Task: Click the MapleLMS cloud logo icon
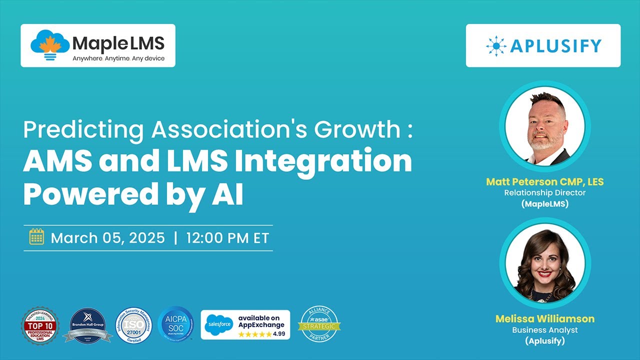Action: pos(49,44)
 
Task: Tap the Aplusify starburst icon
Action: pos(496,45)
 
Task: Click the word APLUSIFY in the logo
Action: pos(555,46)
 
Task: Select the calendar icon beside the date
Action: pos(37,237)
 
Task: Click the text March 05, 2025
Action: pos(107,237)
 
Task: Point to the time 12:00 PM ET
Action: pos(227,237)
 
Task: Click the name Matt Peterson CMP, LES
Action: pos(544,181)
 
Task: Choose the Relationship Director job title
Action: pos(545,192)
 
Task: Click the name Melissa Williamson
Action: pos(544,318)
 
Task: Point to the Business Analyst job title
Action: pos(544,330)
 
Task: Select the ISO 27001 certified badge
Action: pos(133,325)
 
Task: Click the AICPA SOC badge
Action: pos(175,324)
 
